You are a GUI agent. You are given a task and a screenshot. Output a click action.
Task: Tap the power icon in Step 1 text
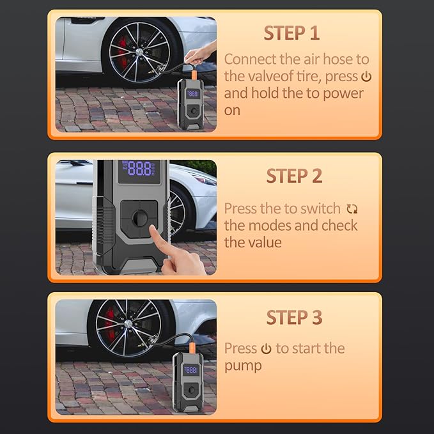pyautogui.click(x=366, y=77)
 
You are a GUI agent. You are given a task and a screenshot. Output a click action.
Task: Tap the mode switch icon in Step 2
pyautogui.click(x=352, y=209)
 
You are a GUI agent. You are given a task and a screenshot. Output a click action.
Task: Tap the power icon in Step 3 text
pyautogui.click(x=267, y=349)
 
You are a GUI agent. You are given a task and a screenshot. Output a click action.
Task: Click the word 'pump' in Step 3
pyautogui.click(x=243, y=366)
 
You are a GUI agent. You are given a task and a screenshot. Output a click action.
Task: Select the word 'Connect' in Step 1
pyautogui.click(x=251, y=59)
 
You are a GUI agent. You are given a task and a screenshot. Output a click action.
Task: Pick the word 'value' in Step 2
pyautogui.click(x=263, y=242)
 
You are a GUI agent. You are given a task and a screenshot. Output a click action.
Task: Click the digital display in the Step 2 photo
pyautogui.click(x=139, y=169)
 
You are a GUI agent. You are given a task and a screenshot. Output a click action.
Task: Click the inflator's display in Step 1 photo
pyautogui.click(x=192, y=93)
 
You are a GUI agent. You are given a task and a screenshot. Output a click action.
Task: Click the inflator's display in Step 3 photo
pyautogui.click(x=190, y=369)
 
